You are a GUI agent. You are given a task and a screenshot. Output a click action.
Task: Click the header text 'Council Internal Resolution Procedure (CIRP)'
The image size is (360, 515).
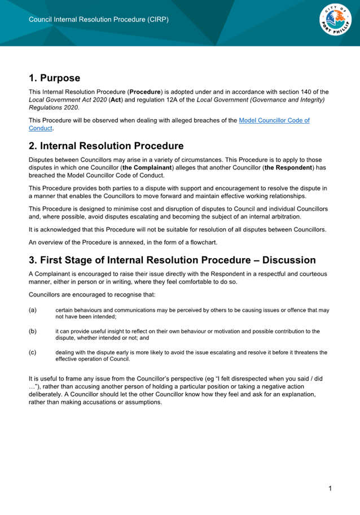(x=99, y=19)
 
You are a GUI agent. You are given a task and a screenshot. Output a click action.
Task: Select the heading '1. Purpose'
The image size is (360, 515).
(x=54, y=78)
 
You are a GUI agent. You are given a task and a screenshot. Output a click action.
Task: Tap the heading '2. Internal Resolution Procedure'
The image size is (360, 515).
(x=106, y=146)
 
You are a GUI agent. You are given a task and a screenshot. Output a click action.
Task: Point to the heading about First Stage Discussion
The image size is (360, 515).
(x=172, y=260)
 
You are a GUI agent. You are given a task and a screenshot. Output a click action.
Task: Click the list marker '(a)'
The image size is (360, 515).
(x=33, y=310)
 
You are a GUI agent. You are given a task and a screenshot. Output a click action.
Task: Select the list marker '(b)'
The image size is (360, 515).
(x=33, y=330)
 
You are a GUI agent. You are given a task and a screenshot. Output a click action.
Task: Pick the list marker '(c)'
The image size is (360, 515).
(x=33, y=352)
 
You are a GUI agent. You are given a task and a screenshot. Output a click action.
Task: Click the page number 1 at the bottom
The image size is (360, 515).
(x=330, y=487)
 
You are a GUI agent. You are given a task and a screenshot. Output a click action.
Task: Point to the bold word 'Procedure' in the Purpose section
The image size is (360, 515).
(x=146, y=91)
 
